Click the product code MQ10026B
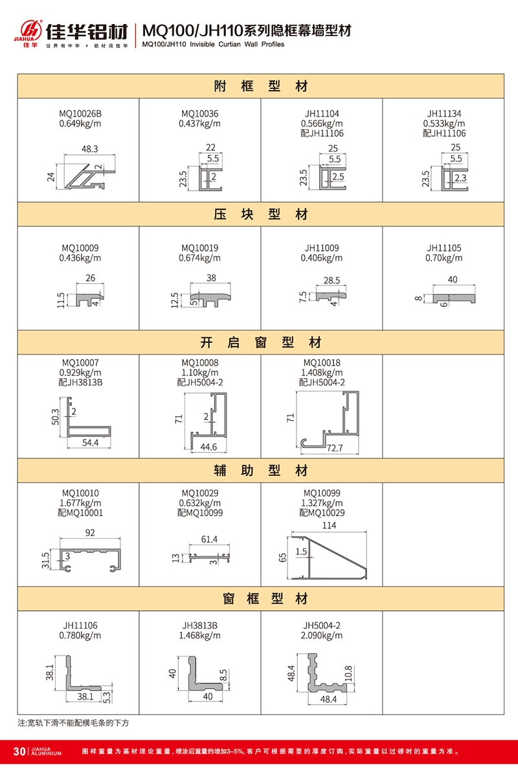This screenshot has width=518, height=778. [80, 113]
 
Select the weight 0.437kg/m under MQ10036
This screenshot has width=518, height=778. [199, 123]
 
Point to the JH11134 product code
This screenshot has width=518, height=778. [444, 113]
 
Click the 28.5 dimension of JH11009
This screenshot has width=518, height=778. [331, 280]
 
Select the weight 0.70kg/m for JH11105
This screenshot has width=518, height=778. [444, 258]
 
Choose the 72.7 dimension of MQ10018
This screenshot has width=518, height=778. [335, 448]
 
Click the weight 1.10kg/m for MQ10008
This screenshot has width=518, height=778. [199, 373]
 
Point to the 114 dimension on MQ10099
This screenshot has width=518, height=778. [330, 526]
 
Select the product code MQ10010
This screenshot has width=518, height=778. [80, 493]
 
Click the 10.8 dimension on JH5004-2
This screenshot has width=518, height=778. [349, 674]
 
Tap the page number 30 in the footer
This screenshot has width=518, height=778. [18, 751]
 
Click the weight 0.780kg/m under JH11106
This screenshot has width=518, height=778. [80, 635]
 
